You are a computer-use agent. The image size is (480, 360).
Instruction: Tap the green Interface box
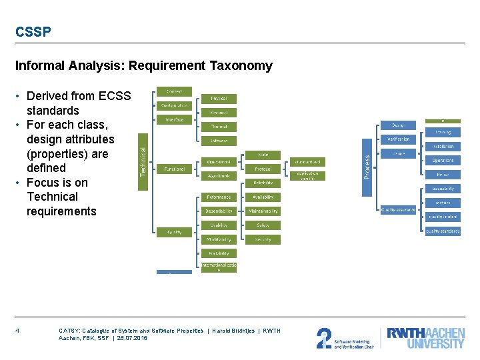(x=175, y=120)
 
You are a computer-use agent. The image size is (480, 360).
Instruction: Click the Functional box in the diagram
(x=175, y=169)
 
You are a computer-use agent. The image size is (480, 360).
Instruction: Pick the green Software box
(x=219, y=141)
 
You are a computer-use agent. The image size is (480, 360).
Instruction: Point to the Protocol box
(x=263, y=169)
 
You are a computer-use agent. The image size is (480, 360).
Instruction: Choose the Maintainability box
(x=263, y=211)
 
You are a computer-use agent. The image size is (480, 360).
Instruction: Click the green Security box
(x=263, y=239)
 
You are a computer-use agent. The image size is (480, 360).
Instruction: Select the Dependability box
(x=219, y=211)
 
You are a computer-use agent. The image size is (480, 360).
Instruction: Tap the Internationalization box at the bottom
(x=219, y=267)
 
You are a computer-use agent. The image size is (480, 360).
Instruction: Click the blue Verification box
(x=399, y=139)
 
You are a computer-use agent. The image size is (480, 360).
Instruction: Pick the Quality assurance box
(x=399, y=209)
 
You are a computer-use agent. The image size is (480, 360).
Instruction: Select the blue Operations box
(x=443, y=161)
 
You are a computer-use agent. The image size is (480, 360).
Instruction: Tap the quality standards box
(x=443, y=231)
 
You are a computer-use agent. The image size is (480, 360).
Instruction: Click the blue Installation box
(x=443, y=147)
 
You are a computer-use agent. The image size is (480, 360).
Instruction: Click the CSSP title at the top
(x=33, y=32)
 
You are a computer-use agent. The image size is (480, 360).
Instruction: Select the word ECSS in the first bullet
(x=115, y=96)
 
